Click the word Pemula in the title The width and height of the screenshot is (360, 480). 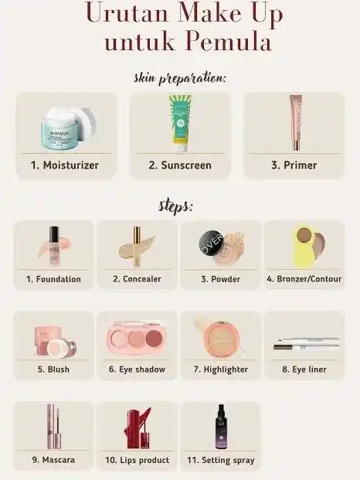pyautogui.click(x=228, y=41)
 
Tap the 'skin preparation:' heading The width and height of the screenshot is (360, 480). pyautogui.click(x=180, y=78)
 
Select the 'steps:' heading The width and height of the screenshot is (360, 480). pyautogui.click(x=175, y=206)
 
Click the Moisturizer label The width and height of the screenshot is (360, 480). pyautogui.click(x=65, y=165)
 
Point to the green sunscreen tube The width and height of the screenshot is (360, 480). pyautogui.click(x=180, y=122)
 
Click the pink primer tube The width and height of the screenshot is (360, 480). pyautogui.click(x=296, y=122)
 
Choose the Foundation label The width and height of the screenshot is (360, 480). pyautogui.click(x=53, y=279)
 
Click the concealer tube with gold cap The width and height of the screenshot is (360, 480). pyautogui.click(x=137, y=247)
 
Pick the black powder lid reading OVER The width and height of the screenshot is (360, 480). pyautogui.click(x=212, y=244)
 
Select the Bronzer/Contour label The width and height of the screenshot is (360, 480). pyautogui.click(x=304, y=279)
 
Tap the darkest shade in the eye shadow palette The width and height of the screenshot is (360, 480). pyautogui.click(x=154, y=338)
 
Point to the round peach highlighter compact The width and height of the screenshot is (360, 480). pyautogui.click(x=222, y=339)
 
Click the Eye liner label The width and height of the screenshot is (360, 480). pyautogui.click(x=304, y=369)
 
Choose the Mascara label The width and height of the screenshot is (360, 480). pyautogui.click(x=53, y=460)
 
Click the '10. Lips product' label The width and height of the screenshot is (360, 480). pyautogui.click(x=138, y=460)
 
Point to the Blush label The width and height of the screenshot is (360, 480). pyautogui.click(x=53, y=369)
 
